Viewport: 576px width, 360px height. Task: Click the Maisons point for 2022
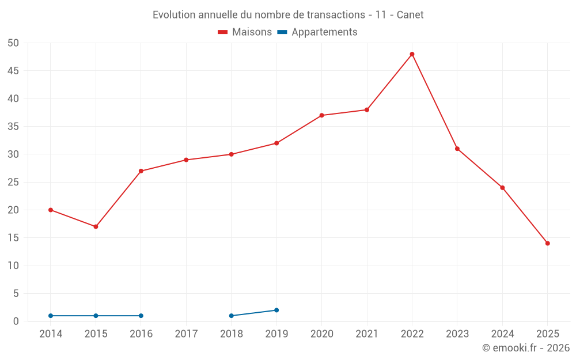tap(412, 54)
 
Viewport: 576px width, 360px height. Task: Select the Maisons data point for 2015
tap(96, 227)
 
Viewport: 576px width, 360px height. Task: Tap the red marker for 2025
tap(548, 244)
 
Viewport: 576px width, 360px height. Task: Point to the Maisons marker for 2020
tap(322, 115)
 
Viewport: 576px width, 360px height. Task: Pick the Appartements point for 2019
tap(276, 310)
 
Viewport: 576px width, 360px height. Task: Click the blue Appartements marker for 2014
tap(51, 316)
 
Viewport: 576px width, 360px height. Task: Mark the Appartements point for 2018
tap(232, 316)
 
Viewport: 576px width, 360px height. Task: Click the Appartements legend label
tap(324, 32)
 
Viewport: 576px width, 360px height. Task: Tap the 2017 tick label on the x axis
tap(186, 334)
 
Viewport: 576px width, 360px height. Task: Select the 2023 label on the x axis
tap(457, 334)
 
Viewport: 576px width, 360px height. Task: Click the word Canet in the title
tap(410, 15)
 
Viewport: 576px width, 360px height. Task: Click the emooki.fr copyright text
tap(526, 348)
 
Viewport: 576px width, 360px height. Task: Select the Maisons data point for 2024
tap(502, 188)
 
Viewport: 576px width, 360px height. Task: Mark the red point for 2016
tap(141, 171)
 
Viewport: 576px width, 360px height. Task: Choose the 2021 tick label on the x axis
tap(367, 334)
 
